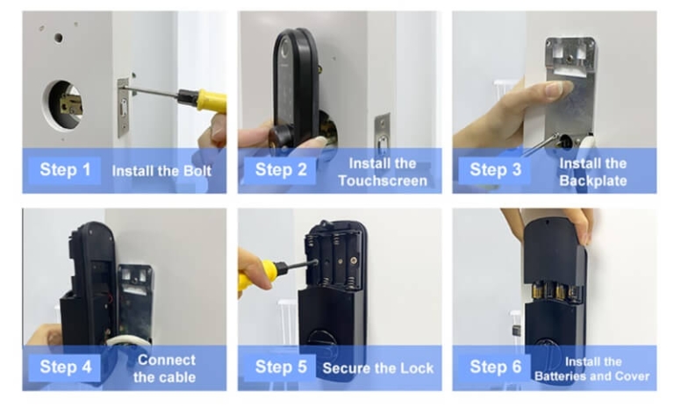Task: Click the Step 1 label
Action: tap(64, 169)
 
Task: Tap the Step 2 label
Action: tap(281, 169)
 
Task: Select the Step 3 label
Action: tap(497, 169)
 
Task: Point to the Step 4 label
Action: tap(64, 367)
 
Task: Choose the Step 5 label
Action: tap(281, 367)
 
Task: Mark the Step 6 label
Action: tap(497, 367)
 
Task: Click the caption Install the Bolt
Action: tap(161, 170)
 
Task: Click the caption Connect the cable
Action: tap(166, 368)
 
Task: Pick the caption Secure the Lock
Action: tap(376, 367)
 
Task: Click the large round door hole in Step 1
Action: tap(63, 106)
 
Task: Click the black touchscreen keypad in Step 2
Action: tap(295, 88)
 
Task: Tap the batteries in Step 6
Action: tap(554, 290)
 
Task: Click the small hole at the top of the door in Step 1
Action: tap(59, 38)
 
